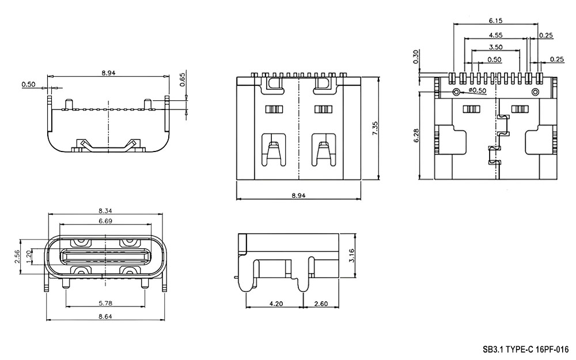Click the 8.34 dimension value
(105, 210)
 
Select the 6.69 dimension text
(105, 221)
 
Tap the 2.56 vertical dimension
(17, 257)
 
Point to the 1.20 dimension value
(28, 256)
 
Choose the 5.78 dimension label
(105, 303)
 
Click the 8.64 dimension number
(105, 316)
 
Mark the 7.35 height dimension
(375, 128)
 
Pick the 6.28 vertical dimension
(416, 135)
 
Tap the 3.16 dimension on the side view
(351, 255)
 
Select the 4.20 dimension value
(276, 304)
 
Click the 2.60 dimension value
(321, 304)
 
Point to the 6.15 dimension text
(495, 21)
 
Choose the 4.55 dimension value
(495, 35)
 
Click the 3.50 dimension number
(495, 47)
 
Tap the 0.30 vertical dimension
(415, 57)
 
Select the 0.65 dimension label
(183, 79)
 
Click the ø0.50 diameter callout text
(477, 90)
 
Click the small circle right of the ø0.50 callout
(535, 92)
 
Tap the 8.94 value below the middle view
(298, 195)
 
